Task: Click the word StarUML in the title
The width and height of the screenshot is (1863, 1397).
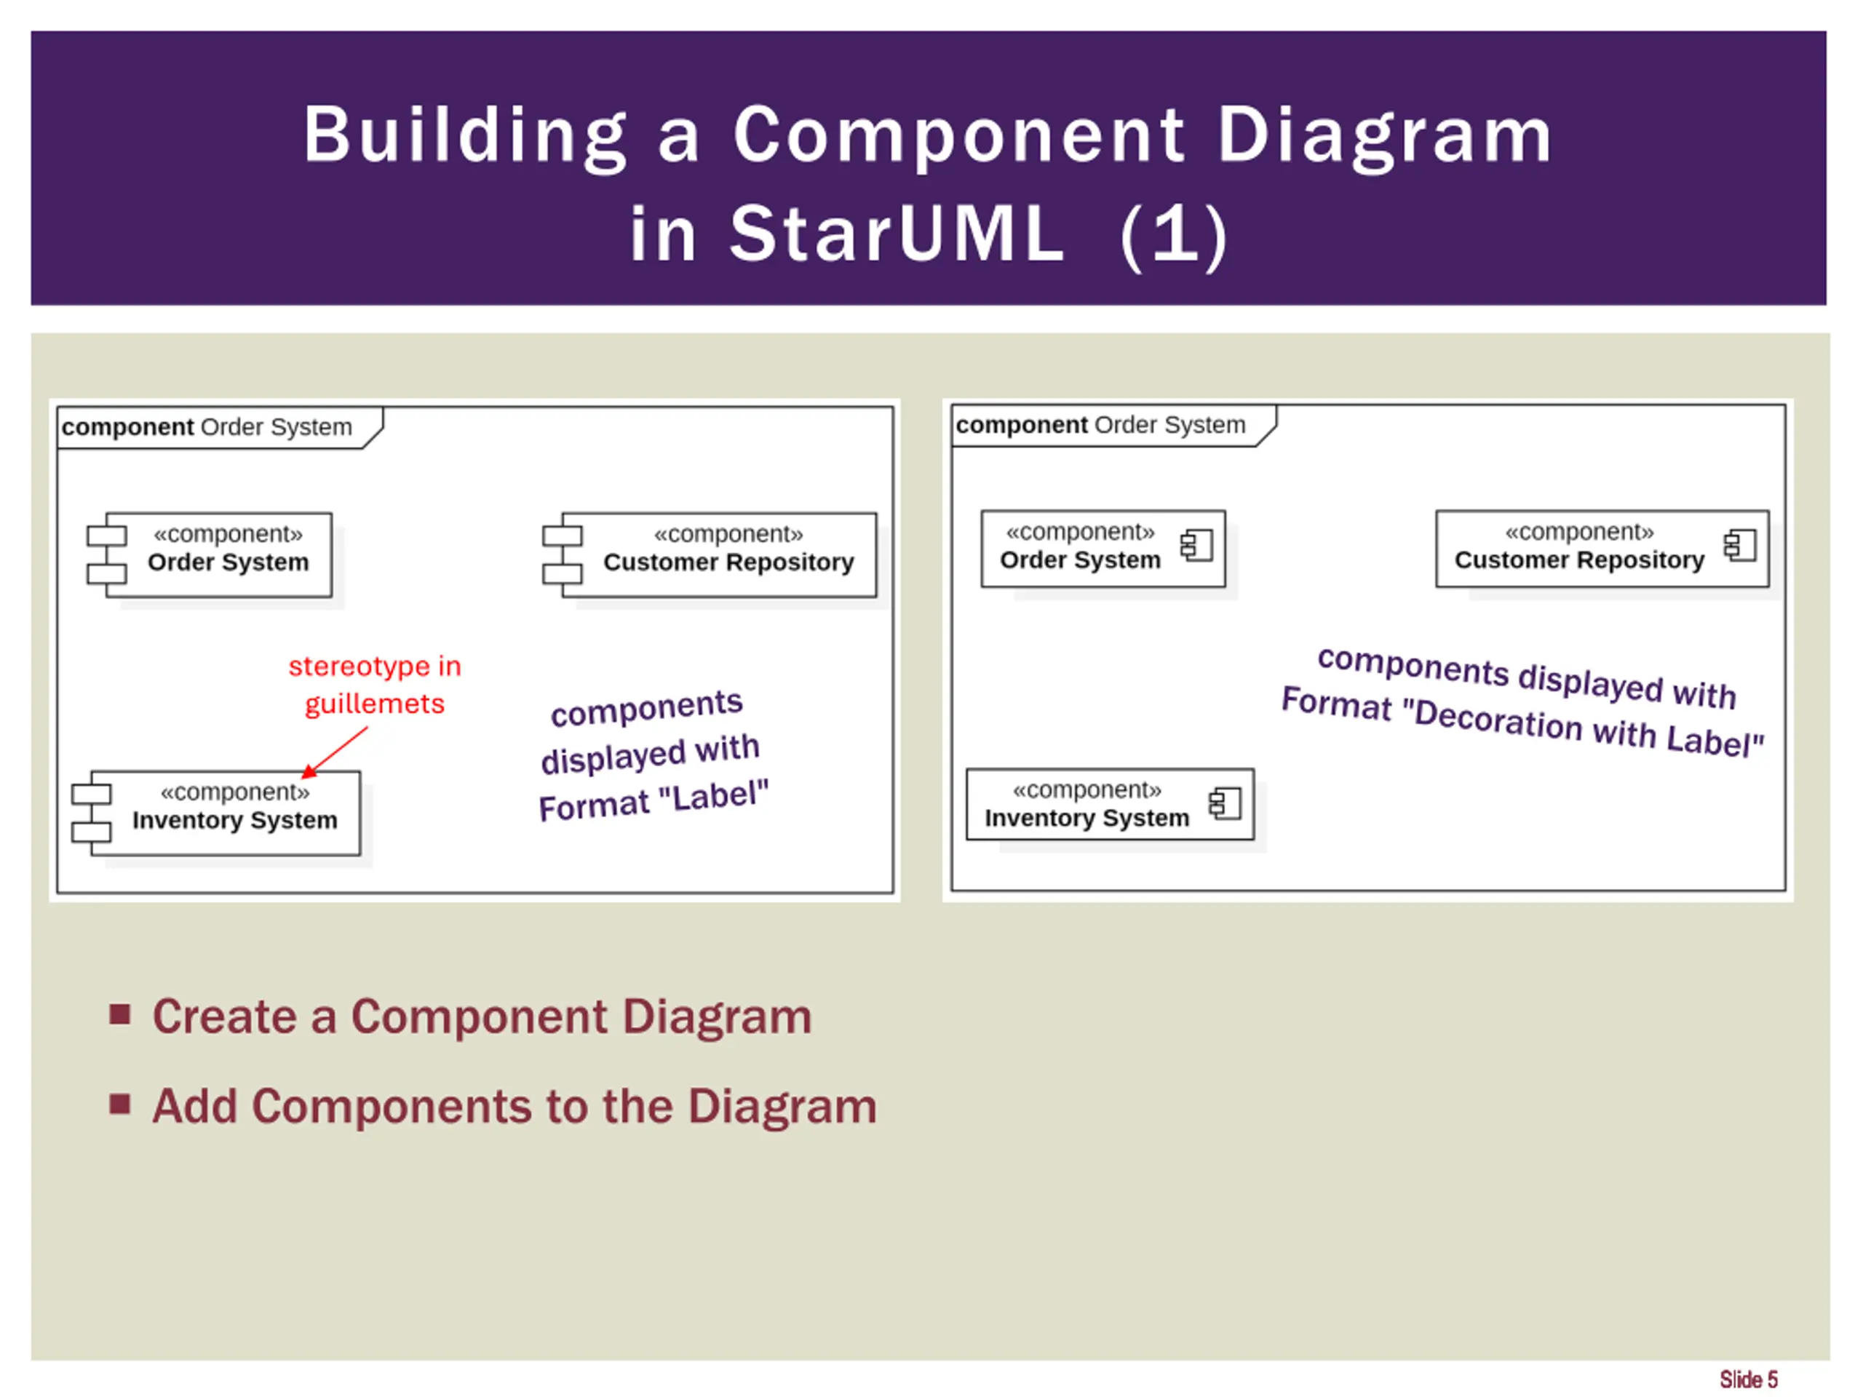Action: click(x=897, y=234)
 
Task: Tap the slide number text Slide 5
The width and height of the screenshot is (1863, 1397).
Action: click(x=1747, y=1379)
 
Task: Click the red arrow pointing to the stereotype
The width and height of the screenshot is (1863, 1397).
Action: click(x=336, y=751)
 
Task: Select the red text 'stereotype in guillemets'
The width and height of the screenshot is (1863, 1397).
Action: click(x=375, y=684)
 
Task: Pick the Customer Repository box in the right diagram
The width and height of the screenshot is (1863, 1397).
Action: click(x=1601, y=548)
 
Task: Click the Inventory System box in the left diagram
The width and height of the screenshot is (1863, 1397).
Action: click(x=225, y=813)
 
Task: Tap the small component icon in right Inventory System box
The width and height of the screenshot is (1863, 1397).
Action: click(x=1225, y=803)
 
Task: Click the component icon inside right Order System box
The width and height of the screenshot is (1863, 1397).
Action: click(x=1196, y=546)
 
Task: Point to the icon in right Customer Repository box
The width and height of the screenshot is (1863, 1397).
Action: click(x=1739, y=546)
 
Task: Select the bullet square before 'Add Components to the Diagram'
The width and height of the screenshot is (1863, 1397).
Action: click(x=119, y=1103)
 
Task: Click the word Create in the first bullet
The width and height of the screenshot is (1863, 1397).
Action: click(x=224, y=1016)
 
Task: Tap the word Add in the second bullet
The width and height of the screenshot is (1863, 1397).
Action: click(x=194, y=1106)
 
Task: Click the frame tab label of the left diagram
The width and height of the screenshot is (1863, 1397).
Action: click(x=207, y=427)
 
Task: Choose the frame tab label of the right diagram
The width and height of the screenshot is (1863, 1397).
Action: click(x=1100, y=425)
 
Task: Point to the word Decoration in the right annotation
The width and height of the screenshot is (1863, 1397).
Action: click(x=1498, y=720)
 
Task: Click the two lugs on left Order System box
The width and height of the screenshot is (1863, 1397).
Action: click(x=107, y=555)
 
